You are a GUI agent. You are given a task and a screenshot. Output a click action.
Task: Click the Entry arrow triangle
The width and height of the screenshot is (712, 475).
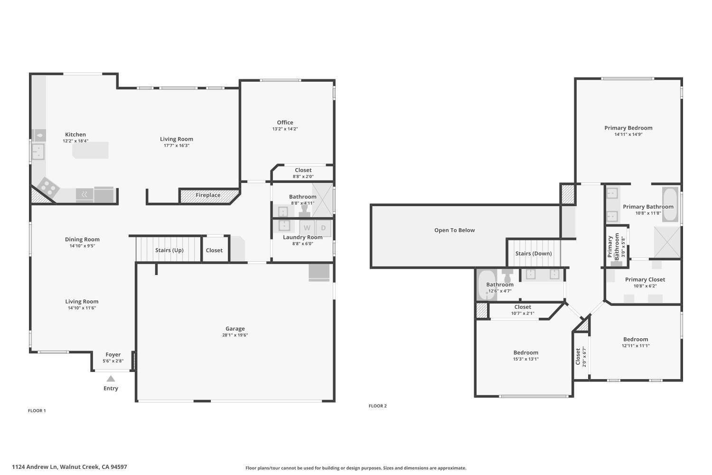[111, 379]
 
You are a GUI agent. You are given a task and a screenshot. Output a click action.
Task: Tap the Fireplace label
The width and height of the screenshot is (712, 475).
[208, 195]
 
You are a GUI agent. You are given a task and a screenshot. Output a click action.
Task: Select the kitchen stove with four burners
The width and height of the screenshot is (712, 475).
[47, 187]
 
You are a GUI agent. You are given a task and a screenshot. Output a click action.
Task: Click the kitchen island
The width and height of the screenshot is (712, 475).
[90, 150]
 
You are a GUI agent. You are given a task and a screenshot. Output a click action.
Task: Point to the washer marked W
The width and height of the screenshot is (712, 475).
[307, 228]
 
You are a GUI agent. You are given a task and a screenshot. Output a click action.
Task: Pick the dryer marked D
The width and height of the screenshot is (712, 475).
[323, 228]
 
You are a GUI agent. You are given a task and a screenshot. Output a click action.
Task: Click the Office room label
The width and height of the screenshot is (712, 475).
[285, 123]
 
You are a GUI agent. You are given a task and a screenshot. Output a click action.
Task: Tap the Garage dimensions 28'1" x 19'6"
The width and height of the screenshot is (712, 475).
[235, 335]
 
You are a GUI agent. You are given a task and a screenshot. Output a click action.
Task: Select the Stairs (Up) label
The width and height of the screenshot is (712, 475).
[169, 250]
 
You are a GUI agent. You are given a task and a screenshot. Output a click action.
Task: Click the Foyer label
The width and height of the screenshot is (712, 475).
[113, 355]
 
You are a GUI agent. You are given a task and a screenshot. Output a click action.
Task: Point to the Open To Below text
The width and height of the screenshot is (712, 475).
[454, 230]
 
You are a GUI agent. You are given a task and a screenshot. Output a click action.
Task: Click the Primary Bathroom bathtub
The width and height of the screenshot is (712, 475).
[670, 204]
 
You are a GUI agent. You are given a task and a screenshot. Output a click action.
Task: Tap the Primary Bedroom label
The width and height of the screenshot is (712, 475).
[628, 128]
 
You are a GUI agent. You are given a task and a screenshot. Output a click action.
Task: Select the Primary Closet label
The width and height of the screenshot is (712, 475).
[645, 280]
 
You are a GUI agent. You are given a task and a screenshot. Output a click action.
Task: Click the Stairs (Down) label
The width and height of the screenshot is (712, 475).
[534, 254]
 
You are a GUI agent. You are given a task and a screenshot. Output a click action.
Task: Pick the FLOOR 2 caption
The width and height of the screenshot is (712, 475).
[377, 406]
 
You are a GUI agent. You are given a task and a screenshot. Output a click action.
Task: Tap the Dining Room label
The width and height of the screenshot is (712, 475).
[82, 239]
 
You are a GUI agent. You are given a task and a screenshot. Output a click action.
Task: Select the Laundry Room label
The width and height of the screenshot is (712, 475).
[302, 237]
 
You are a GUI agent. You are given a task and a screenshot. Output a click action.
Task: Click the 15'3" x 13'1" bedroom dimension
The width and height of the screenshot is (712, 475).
[525, 359]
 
